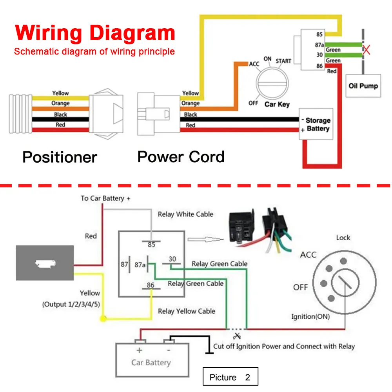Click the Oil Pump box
(x=363, y=85)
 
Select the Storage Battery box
(x=316, y=124)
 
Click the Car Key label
(x=277, y=104)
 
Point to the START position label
(x=283, y=61)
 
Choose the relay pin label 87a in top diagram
(x=319, y=45)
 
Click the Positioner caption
(x=60, y=157)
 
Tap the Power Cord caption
(x=181, y=157)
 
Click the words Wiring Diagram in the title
(x=95, y=33)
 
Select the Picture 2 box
(x=230, y=377)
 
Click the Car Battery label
(x=151, y=362)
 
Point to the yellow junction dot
(x=103, y=318)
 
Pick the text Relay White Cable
(x=185, y=214)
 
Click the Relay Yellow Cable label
(x=187, y=311)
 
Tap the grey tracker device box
(x=45, y=263)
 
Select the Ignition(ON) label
(x=310, y=316)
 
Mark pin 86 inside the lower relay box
(x=151, y=285)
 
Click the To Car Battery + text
(x=105, y=198)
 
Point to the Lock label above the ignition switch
(x=343, y=238)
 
